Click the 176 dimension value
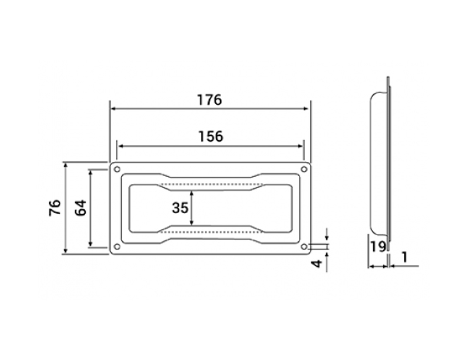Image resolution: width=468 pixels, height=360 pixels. point(210,100)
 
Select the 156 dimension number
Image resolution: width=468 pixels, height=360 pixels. point(211,137)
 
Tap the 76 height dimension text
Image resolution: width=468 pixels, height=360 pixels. point(55,207)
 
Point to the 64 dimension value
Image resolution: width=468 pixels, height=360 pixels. point(81,208)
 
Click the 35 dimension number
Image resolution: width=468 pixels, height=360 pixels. point(180,208)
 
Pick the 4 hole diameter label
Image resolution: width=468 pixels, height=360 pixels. point(317,263)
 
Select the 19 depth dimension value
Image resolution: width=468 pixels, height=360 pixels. point(379,247)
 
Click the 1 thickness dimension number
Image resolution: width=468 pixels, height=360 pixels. point(404,257)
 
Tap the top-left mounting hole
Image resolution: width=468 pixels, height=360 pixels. point(117,170)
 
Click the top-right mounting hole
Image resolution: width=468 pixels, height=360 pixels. point(304,170)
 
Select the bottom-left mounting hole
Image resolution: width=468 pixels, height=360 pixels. point(117,247)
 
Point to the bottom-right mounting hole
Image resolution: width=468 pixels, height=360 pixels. point(304,247)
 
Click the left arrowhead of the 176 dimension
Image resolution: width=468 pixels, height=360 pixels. point(113,109)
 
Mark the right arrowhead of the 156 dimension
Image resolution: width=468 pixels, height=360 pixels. point(300,146)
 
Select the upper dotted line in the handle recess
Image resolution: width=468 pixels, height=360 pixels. point(211,184)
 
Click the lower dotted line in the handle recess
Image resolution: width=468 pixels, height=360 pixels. point(211,232)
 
